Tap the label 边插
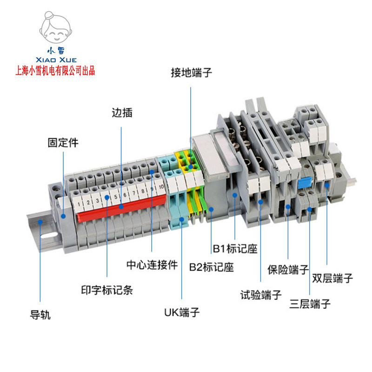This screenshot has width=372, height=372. [122, 113]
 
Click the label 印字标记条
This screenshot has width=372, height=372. [107, 290]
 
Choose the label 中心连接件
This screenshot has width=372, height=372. [152, 265]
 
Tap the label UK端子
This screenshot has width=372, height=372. [182, 312]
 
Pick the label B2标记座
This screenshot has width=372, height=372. [211, 267]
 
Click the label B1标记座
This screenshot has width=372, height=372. [235, 249]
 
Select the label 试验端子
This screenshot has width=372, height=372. [261, 294]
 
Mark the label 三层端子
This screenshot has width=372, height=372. [310, 305]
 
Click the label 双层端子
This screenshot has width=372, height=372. [332, 279]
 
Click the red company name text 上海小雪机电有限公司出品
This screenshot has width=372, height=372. [55, 71]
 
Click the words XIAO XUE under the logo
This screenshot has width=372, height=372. [56, 60]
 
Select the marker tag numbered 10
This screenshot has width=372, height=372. [161, 187]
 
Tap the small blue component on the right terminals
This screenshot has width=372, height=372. [305, 183]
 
